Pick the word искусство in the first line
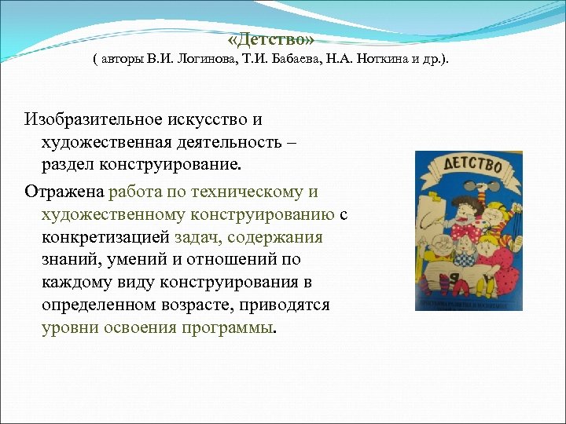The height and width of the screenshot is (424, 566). point(209,120)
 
